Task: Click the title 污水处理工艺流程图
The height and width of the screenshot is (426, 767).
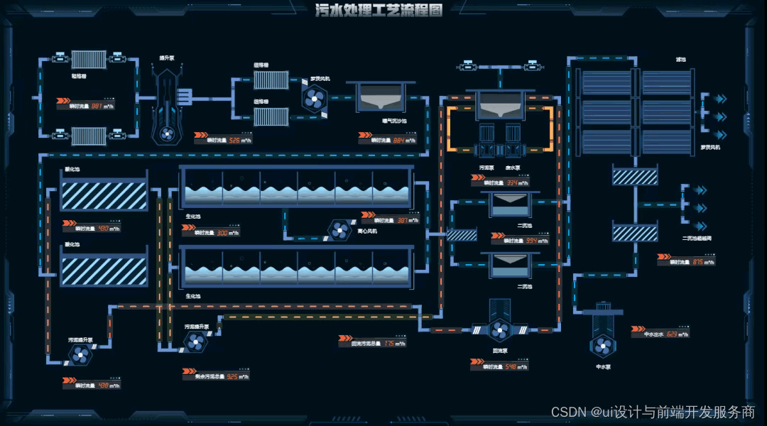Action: (x=379, y=10)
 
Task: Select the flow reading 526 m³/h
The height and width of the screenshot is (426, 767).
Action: (x=228, y=141)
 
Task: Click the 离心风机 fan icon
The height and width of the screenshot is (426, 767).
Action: (x=339, y=229)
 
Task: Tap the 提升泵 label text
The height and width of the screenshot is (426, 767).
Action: (x=167, y=58)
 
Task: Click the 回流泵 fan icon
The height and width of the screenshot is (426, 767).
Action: (x=500, y=329)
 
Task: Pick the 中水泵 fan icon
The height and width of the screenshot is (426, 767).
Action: (x=603, y=346)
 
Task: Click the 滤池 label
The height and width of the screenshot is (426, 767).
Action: (x=681, y=60)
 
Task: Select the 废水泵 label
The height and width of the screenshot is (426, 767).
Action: (x=513, y=168)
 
